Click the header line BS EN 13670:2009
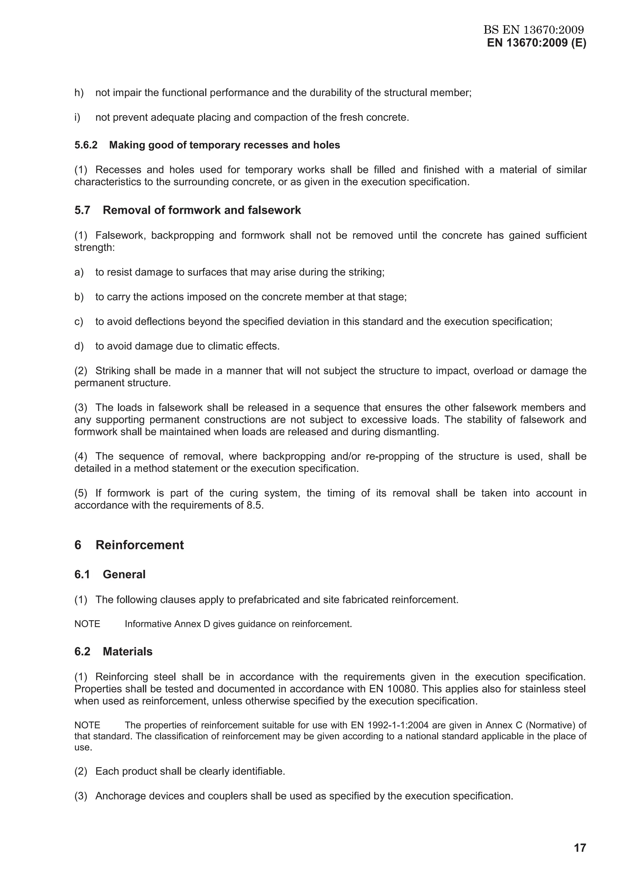(534, 30)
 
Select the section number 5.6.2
(86, 145)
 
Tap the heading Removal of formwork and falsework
(202, 210)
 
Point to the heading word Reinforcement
(139, 545)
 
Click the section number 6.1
(82, 574)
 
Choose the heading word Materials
(128, 652)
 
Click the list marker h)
(79, 93)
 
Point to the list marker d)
(79, 346)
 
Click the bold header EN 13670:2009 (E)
(536, 43)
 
